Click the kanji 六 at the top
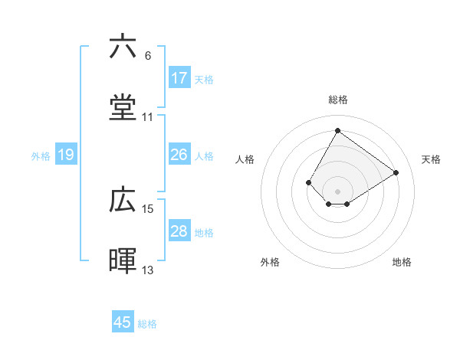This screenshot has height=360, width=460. (x=123, y=47)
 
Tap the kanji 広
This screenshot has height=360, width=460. (x=123, y=200)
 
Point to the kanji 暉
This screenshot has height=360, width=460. (x=123, y=261)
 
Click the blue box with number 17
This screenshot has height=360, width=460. (x=179, y=78)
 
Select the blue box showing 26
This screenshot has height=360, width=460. (x=179, y=155)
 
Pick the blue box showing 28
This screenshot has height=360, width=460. (x=179, y=231)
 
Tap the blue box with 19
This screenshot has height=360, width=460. (x=66, y=155)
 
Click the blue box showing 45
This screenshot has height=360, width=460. (x=123, y=322)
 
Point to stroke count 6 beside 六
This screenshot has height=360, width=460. (x=148, y=56)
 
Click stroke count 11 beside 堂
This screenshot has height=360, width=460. (x=148, y=117)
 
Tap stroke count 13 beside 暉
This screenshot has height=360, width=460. (x=148, y=270)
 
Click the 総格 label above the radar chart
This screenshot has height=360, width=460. (x=337, y=100)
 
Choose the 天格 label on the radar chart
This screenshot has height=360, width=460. (x=431, y=159)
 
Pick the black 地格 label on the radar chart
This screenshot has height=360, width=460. (x=402, y=262)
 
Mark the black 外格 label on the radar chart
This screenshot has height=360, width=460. (x=270, y=262)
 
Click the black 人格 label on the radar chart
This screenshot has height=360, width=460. (x=245, y=159)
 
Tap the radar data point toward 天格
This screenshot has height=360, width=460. (x=396, y=172)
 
